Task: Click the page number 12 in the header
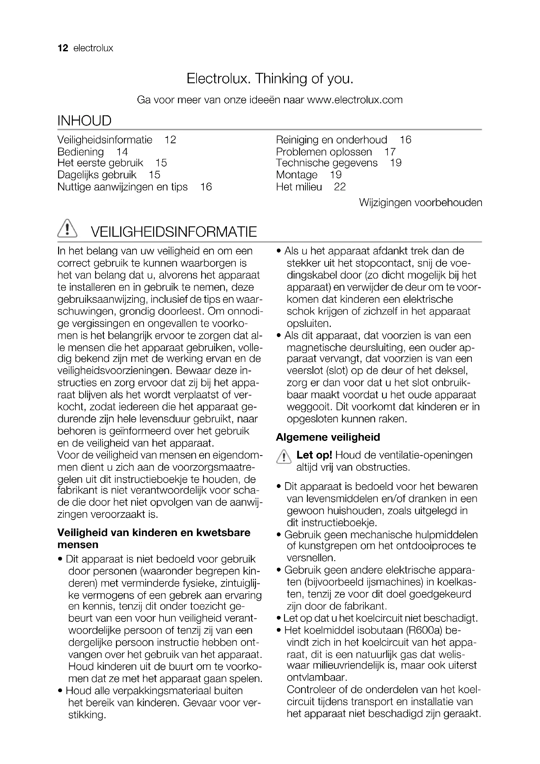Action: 62,48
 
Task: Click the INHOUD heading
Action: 84,121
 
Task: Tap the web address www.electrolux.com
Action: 355,100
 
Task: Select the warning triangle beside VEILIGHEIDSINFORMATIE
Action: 67,229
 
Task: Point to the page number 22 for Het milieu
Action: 340,187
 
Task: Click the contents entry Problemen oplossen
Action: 324,152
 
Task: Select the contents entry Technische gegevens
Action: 327,163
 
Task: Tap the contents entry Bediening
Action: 80,152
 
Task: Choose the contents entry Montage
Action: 296,175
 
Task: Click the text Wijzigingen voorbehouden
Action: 421,202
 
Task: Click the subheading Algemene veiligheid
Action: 328,437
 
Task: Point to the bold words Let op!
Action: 314,455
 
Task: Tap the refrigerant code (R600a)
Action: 424,630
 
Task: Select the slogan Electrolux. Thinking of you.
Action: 270,78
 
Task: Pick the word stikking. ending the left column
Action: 87,715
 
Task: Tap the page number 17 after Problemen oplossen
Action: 390,152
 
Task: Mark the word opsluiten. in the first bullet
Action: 309,323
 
